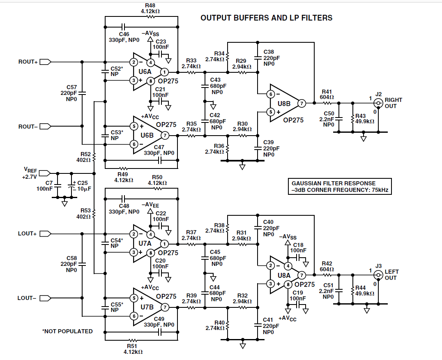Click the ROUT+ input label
point(28,62)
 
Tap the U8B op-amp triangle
point(285,104)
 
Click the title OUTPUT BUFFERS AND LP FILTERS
point(266,18)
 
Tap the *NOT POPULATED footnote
point(67,331)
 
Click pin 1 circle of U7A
point(164,244)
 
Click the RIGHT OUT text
point(394,103)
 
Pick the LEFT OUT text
point(391,275)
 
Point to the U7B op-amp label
point(147,307)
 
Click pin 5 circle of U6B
point(134,126)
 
